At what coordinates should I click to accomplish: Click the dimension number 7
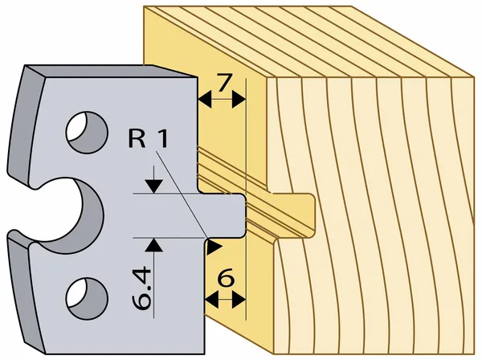(224, 83)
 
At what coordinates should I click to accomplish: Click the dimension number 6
(226, 277)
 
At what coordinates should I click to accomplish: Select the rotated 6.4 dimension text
(142, 288)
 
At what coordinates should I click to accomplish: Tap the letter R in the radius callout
(137, 138)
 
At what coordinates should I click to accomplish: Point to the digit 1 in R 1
(162, 138)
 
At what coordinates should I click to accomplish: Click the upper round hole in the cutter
(87, 133)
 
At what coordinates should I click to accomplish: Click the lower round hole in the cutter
(87, 299)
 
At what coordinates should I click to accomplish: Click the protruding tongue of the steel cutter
(223, 215)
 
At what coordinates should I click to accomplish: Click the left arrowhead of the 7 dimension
(205, 99)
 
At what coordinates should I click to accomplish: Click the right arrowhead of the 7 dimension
(239, 99)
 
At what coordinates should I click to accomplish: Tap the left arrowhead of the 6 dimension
(211, 300)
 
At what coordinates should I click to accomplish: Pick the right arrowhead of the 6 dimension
(239, 300)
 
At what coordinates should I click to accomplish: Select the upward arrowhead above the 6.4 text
(153, 245)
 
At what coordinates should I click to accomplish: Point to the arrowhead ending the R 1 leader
(214, 247)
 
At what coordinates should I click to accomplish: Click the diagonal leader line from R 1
(181, 194)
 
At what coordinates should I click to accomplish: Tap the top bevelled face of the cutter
(111, 72)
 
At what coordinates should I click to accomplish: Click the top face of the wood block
(308, 42)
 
